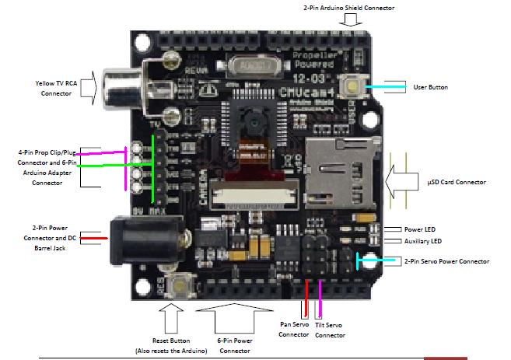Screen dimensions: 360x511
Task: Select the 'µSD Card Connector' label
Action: click(x=457, y=182)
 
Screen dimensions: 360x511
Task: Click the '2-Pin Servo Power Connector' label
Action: click(x=447, y=262)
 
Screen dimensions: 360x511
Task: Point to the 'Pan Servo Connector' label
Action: click(x=295, y=329)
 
